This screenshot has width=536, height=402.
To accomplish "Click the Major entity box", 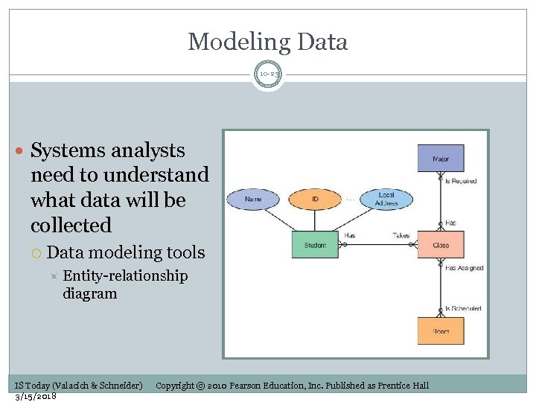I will tap(440, 158).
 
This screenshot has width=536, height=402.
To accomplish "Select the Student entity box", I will tap(315, 245).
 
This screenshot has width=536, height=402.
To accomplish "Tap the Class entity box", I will tap(441, 245).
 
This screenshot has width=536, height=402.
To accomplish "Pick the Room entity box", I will tap(441, 331).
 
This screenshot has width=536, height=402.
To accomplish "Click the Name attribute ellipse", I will tap(253, 199).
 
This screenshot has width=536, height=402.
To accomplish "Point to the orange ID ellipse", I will tap(315, 199).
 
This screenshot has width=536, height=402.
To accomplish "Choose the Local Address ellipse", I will tap(386, 199).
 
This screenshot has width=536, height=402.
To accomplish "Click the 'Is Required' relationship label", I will tap(461, 181).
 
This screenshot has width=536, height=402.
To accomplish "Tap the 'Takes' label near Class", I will tap(401, 235).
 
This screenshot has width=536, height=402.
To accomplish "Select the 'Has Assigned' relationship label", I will tap(464, 268).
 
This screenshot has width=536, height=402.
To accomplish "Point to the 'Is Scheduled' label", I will tap(462, 308).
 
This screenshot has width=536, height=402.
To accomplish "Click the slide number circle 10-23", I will tap(268, 74).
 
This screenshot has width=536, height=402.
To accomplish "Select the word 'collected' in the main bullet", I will tap(71, 225).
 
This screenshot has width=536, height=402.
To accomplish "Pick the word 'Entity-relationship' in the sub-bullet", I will tap(125, 276).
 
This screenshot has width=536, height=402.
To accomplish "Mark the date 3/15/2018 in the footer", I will tap(36, 396).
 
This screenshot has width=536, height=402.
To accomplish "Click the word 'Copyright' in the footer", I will tap(175, 385).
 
